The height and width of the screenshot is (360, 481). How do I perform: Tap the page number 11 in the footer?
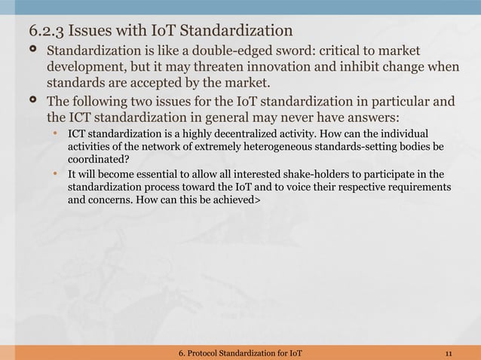(449, 353)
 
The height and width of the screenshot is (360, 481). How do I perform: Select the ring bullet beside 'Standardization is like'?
(32, 52)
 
